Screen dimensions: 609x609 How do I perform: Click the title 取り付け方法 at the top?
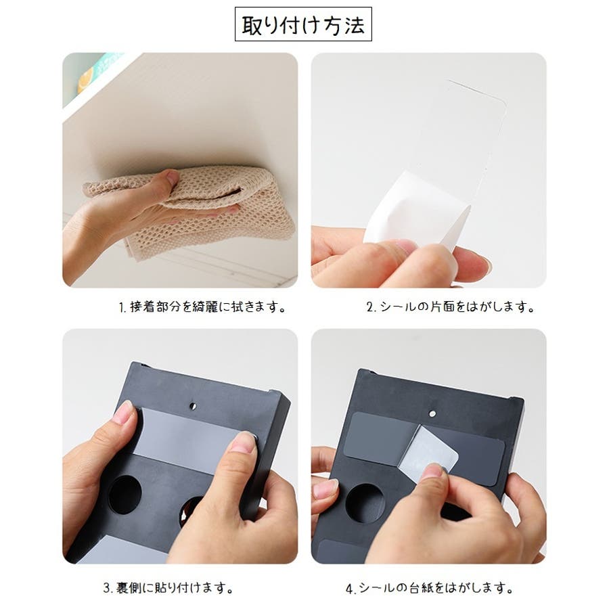pos(303,25)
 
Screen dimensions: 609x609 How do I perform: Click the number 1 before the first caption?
pos(122,308)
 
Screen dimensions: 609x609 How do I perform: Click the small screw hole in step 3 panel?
pos(193,406)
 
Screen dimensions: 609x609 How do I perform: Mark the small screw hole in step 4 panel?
pos(432,413)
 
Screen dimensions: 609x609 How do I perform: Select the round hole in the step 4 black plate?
pos(365,503)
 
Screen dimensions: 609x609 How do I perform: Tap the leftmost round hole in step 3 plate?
pos(125,495)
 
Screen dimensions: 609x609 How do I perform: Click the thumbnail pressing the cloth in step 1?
pos(172,177)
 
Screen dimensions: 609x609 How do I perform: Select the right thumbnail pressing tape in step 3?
pos(244,442)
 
